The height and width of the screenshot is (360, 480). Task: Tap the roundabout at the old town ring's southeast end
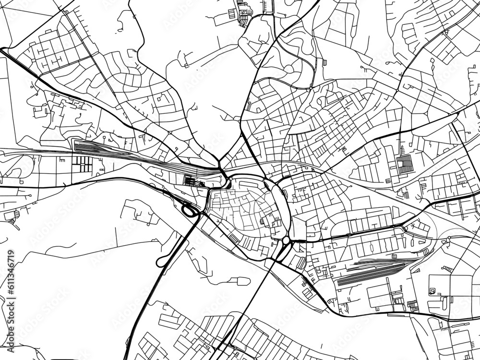click(x=286, y=240)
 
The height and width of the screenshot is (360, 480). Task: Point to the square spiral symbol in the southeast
click(x=432, y=290)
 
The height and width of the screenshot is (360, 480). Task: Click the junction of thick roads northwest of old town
click(x=221, y=169)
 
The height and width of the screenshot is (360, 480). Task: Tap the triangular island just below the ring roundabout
click(x=282, y=250)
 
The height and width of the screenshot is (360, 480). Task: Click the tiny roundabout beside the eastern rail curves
click(x=448, y=238)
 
